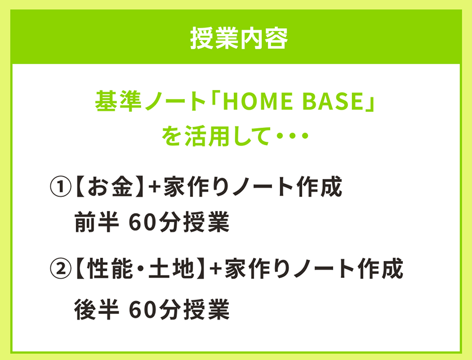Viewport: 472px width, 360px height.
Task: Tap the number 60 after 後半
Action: point(140,309)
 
